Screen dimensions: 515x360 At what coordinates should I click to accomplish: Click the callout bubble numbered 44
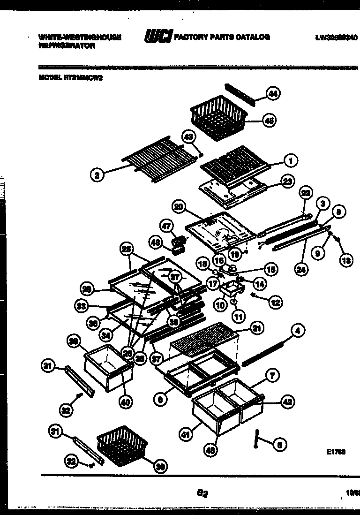coord(273,94)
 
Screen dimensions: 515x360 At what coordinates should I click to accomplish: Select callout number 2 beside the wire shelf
coord(97,176)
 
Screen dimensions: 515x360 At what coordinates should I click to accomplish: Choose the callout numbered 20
coord(178,207)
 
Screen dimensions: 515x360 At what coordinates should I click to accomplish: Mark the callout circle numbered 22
coord(306,193)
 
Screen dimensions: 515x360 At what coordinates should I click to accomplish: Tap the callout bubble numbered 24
coord(300,269)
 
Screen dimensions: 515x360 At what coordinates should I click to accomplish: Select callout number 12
coord(275,303)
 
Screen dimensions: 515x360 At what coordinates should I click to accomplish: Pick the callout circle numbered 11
coord(239,317)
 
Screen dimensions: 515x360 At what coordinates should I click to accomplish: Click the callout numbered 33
coord(82,307)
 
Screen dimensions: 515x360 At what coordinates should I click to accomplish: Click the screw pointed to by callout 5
coord(257,435)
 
